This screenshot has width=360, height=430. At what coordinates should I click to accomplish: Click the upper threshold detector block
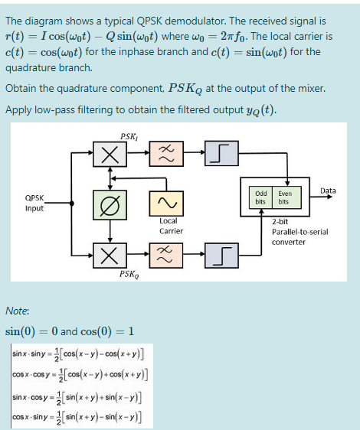pos(218,155)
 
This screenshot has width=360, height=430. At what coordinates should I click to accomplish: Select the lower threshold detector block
pos(218,252)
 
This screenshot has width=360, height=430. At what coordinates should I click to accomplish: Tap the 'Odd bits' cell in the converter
pos(260,197)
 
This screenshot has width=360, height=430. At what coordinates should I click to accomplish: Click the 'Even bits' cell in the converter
pos(285,197)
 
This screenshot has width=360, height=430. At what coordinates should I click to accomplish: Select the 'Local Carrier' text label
pos(170,226)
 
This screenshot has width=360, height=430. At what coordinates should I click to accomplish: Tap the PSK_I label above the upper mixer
pos(128,136)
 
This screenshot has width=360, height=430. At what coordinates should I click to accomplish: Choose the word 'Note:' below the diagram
pos(17,311)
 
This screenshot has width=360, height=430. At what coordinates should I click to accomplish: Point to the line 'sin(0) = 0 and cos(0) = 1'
pos(70,331)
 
